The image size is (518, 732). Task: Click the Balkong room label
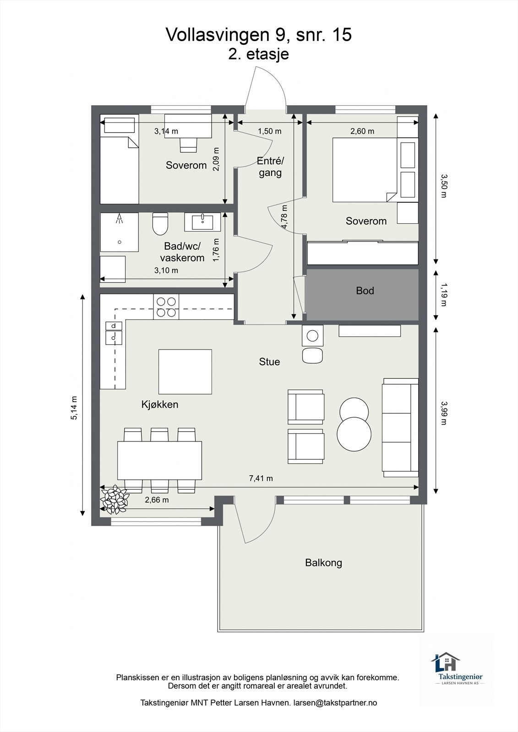[323, 562]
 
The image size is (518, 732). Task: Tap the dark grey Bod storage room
[362, 295]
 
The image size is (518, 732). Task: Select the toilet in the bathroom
[160, 224]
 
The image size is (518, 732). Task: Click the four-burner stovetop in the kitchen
[166, 307]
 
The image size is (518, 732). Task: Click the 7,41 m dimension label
[261, 478]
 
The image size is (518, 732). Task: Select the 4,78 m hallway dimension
[284, 217]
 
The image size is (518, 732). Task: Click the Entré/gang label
[270, 167]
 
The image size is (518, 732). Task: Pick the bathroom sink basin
[202, 222]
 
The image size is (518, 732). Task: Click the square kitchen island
[185, 371]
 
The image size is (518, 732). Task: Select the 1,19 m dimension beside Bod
[443, 295]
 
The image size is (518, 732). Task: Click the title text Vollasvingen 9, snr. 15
[259, 34]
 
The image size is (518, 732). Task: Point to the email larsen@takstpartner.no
[335, 702]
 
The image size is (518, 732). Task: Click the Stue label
[269, 362]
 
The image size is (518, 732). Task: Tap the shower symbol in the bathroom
[119, 218]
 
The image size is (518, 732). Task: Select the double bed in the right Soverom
[365, 170]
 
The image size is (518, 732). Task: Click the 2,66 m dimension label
[157, 500]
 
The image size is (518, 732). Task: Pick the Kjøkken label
[160, 404]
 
